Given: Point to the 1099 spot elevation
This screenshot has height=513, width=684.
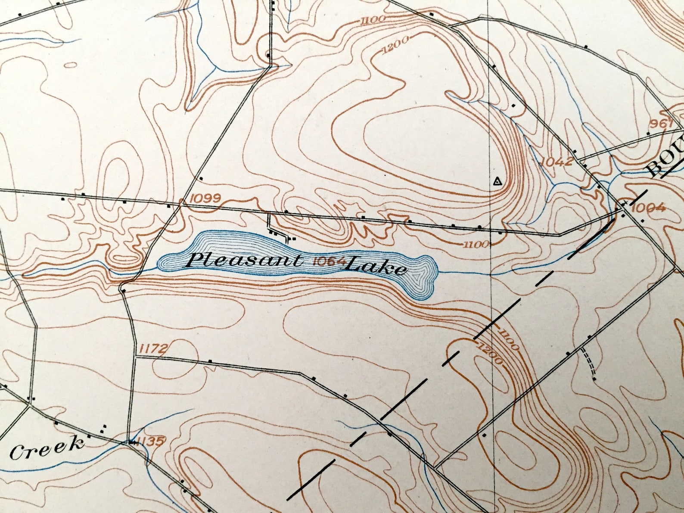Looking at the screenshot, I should [x=205, y=198].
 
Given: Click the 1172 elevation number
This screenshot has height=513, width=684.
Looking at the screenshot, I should [x=152, y=348].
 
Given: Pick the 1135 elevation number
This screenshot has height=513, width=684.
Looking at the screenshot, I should [x=151, y=441].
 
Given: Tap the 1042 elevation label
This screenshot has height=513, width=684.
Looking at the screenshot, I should [x=557, y=162].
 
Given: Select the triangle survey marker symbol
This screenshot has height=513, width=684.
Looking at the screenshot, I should [x=497, y=181].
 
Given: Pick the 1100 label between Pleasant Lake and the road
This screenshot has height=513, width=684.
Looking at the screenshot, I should [x=476, y=245].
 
